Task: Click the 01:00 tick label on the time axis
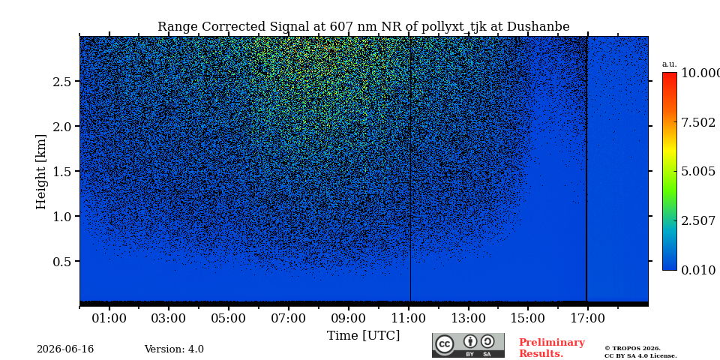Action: pyautogui.click(x=109, y=318)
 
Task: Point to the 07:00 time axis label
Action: pyautogui.click(x=289, y=318)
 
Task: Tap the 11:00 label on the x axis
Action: pyautogui.click(x=409, y=318)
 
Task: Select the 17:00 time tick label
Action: pyautogui.click(x=588, y=318)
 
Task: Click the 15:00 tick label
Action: pyautogui.click(x=528, y=318)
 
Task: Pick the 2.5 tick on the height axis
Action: pyautogui.click(x=63, y=81)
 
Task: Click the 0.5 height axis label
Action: pyautogui.click(x=63, y=261)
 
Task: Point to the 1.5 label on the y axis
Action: pyautogui.click(x=63, y=171)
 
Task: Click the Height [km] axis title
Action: pyautogui.click(x=41, y=172)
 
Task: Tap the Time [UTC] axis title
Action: pyautogui.click(x=363, y=336)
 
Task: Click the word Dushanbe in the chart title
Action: pyautogui.click(x=538, y=27)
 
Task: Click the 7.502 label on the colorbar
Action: pyautogui.click(x=698, y=122)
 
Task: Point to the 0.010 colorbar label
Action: pyautogui.click(x=698, y=270)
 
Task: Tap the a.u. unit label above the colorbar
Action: pyautogui.click(x=670, y=64)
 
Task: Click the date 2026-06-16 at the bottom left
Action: pyautogui.click(x=65, y=349)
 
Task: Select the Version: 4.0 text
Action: pyautogui.click(x=174, y=349)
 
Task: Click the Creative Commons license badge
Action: pyautogui.click(x=468, y=345)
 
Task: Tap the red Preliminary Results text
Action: pyautogui.click(x=552, y=348)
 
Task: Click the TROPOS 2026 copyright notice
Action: pyautogui.click(x=640, y=352)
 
